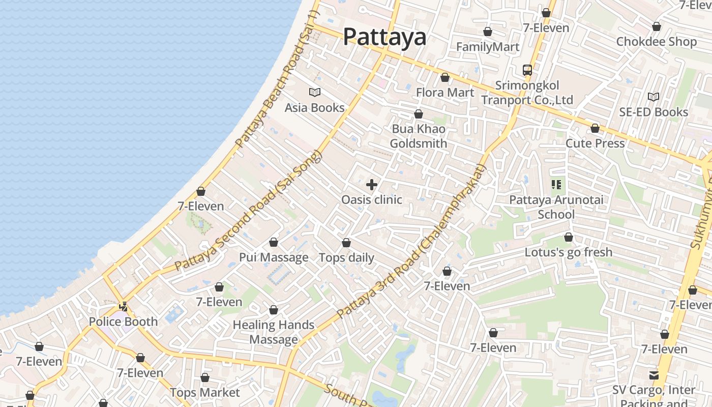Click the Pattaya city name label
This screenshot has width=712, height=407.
tap(384, 37)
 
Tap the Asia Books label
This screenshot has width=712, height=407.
tap(314, 108)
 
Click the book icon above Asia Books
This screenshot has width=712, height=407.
tap(315, 93)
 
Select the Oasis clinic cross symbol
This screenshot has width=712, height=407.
tap(372, 185)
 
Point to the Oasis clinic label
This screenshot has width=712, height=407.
tap(372, 200)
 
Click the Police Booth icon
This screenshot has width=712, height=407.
tap(123, 306)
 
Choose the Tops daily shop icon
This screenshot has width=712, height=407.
tap(346, 243)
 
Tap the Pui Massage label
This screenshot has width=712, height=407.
tap(274, 257)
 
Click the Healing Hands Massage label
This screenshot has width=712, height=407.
tap(274, 332)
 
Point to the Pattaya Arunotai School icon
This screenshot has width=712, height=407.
tap(556, 185)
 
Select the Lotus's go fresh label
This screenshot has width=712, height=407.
tap(569, 252)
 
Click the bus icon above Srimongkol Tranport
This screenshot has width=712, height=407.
tap(527, 70)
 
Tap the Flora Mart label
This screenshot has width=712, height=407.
tap(445, 93)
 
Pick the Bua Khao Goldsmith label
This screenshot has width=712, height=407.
tap(419, 136)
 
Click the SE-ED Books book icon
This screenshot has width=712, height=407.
tap(654, 97)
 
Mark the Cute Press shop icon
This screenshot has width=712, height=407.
tap(595, 128)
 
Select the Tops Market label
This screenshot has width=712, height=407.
tap(204, 393)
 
